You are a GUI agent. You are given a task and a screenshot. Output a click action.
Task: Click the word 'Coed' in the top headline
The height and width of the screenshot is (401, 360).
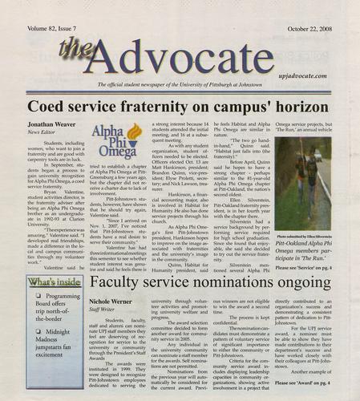pyautogui.click(x=50, y=105)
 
